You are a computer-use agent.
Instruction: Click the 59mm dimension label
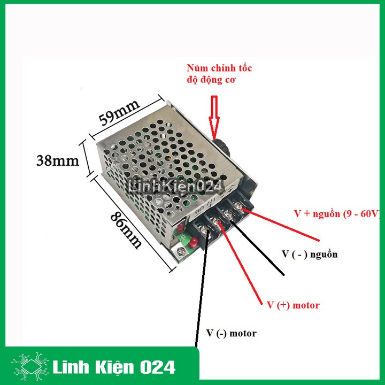click(119, 112)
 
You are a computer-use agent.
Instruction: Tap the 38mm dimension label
click(58, 161)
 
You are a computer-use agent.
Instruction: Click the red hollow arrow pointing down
click(214, 117)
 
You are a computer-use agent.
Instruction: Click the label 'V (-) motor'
click(232, 333)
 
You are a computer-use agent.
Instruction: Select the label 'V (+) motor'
click(293, 305)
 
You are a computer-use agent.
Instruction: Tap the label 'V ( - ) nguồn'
click(310, 254)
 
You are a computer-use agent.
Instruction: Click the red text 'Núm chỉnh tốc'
click(219, 68)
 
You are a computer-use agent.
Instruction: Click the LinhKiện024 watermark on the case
click(176, 187)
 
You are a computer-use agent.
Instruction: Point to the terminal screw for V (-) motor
click(204, 229)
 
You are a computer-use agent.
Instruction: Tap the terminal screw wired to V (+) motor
click(216, 221)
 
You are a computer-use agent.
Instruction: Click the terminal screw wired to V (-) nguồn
click(228, 213)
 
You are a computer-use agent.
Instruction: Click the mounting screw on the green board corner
click(182, 251)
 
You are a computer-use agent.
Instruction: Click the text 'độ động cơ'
click(211, 80)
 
